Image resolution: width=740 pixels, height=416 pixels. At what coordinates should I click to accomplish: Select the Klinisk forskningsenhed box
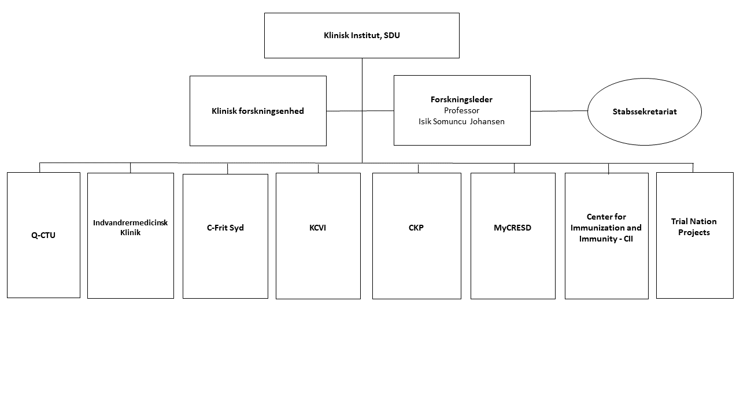(258, 111)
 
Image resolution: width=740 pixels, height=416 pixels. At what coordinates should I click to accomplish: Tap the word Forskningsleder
(461, 99)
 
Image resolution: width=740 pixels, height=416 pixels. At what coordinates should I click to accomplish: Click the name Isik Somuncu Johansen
(461, 121)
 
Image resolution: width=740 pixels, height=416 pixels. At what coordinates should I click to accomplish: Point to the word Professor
(461, 110)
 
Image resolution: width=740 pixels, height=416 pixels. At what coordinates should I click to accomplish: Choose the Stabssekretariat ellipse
(644, 112)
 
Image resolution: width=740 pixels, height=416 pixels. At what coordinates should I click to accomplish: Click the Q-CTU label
(43, 235)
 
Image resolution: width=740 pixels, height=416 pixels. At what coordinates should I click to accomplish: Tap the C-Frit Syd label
(225, 228)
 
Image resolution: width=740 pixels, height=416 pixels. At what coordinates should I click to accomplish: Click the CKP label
(416, 228)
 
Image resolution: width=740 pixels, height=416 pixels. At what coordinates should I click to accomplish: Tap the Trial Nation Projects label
(694, 227)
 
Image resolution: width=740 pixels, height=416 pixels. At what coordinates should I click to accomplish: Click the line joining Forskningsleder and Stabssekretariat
(559, 111)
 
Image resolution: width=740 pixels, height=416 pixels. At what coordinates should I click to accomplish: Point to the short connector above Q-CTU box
(40, 168)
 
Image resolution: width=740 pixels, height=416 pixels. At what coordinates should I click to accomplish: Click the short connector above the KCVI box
(318, 168)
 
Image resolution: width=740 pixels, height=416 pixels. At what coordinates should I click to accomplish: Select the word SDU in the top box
(392, 35)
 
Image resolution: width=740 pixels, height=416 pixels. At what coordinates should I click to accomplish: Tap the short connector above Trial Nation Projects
(693, 168)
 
